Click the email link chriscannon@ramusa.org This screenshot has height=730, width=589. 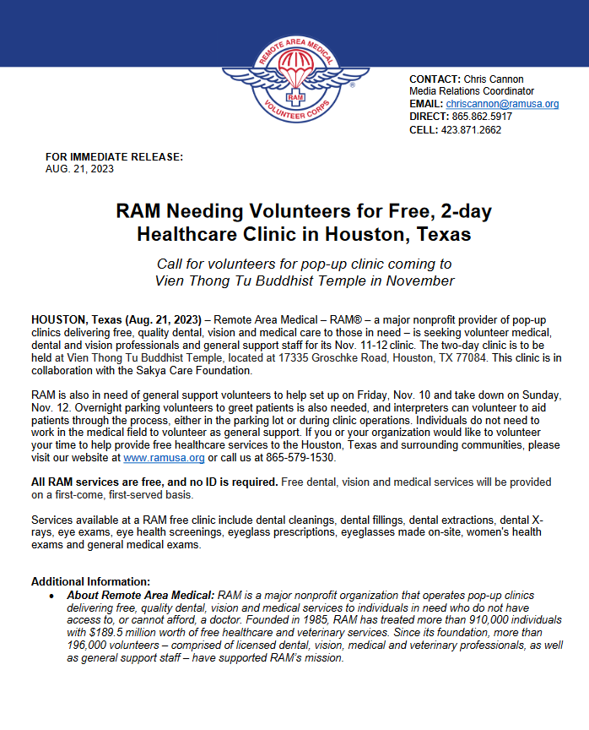click(502, 104)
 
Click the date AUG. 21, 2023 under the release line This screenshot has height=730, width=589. click(79, 168)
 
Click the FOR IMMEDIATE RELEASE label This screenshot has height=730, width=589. click(114, 157)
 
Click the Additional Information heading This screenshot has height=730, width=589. click(90, 581)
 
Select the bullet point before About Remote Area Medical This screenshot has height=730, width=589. click(52, 596)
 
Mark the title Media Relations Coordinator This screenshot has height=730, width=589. click(472, 91)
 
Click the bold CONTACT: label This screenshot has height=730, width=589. click(435, 78)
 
